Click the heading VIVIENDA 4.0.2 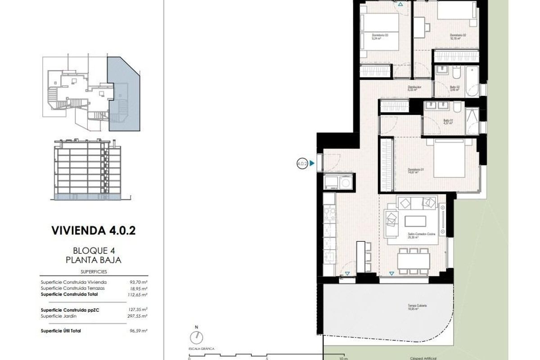pyautogui.click(x=94, y=231)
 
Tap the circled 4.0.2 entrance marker pyautogui.click(x=302, y=164)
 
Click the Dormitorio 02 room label pyautogui.click(x=458, y=37)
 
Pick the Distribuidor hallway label pyautogui.click(x=414, y=88)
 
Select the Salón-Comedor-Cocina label pyautogui.click(x=415, y=236)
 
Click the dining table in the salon pyautogui.click(x=413, y=260)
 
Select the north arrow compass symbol pyautogui.click(x=196, y=337)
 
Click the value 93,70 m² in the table pyautogui.click(x=139, y=282)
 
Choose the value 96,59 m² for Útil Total pyautogui.click(x=139, y=331)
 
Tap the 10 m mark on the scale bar pyautogui.click(x=343, y=359)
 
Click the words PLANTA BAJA pyautogui.click(x=94, y=260)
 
